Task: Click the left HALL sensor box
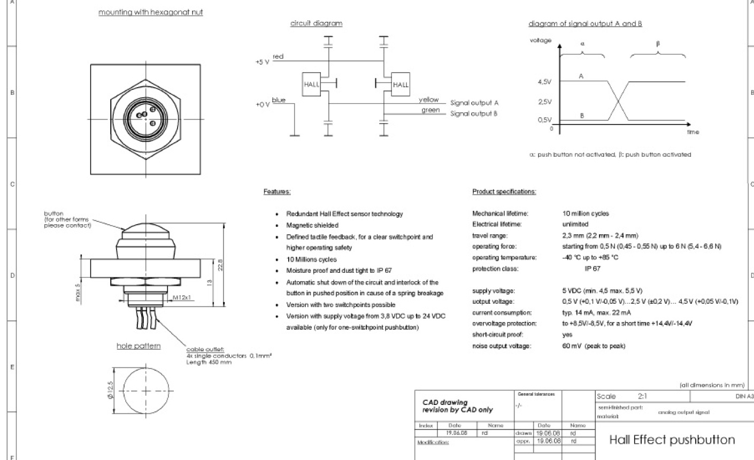point(311,85)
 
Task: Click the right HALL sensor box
point(401,85)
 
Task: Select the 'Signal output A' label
point(474,103)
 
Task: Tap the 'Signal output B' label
point(474,113)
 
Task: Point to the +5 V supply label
point(262,62)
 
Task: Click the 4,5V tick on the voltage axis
point(544,82)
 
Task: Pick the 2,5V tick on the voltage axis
point(544,102)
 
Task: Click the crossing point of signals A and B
point(618,101)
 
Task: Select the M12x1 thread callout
point(182,297)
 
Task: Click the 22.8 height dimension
point(220,265)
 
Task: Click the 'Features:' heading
point(276,191)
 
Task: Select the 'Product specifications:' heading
point(504,191)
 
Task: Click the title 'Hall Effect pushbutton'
point(672,440)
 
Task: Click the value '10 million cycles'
point(586,213)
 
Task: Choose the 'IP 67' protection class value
point(592,269)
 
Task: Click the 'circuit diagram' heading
point(316,23)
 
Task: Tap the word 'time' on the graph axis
point(693,132)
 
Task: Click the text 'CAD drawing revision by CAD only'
point(457,406)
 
